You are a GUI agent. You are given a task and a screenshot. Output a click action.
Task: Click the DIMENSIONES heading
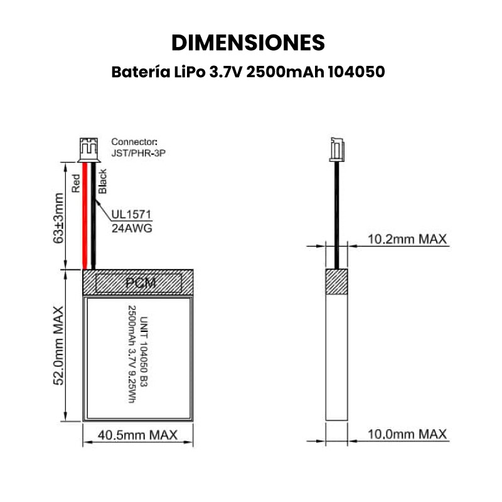point(248,43)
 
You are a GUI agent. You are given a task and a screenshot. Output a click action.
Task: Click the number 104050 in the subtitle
point(356,72)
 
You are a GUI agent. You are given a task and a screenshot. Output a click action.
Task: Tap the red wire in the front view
point(85,215)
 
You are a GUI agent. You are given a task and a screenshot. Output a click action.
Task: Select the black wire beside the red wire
point(93,215)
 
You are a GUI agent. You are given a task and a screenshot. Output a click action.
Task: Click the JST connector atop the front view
point(88,149)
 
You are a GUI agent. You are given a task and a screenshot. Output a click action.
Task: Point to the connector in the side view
point(337,149)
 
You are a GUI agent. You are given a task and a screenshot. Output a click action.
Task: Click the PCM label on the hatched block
point(141,283)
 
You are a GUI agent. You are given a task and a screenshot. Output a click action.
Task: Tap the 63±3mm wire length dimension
point(59,218)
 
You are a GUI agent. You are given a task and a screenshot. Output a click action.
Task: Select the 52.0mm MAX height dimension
point(59,346)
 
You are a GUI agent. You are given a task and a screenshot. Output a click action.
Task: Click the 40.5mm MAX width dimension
point(137,435)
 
